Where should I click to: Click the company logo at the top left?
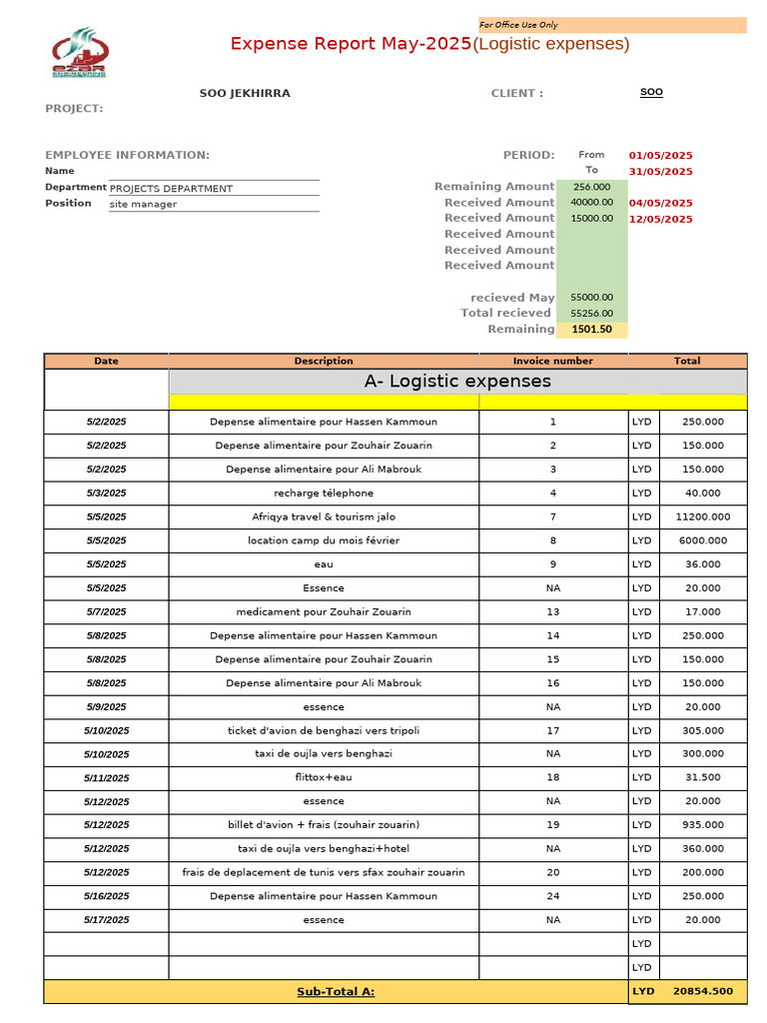[x=79, y=53]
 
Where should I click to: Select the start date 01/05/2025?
[x=660, y=156]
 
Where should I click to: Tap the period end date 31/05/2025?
[x=660, y=172]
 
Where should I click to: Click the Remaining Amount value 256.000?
[x=592, y=187]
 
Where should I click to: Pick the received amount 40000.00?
[x=591, y=203]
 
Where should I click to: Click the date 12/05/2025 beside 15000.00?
[x=660, y=219]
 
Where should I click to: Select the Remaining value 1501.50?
[x=592, y=330]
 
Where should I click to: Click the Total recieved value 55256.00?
[x=592, y=314]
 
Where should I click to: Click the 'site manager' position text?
[x=143, y=205]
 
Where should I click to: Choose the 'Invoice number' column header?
[x=552, y=361]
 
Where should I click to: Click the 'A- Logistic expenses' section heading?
[x=457, y=382]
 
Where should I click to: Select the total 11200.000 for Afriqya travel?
[x=702, y=517]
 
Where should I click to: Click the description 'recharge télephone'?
[x=324, y=494]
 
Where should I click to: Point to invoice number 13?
[x=552, y=612]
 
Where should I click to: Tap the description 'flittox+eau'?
[x=324, y=777]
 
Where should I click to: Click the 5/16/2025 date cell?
[x=106, y=897]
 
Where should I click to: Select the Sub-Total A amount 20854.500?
[x=702, y=992]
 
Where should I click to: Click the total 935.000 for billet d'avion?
[x=702, y=825]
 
